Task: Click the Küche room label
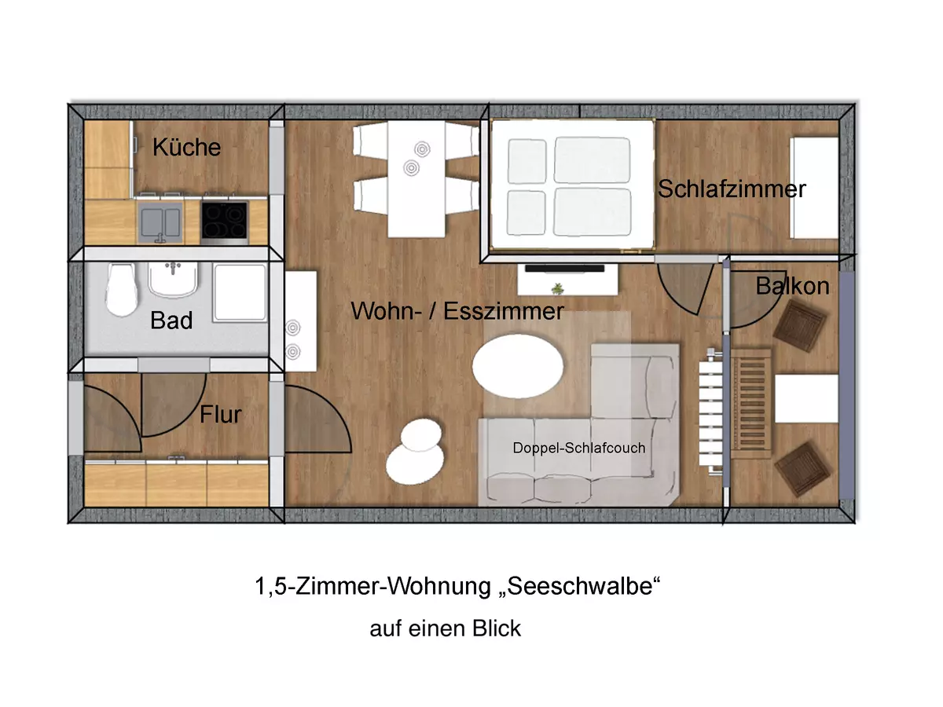[186, 147]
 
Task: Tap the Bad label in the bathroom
[171, 321]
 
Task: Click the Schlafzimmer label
[732, 189]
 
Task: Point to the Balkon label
[792, 286]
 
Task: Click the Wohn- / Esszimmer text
[457, 311]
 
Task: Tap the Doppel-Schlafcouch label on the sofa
[578, 448]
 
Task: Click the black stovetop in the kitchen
[224, 219]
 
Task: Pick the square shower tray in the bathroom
[240, 291]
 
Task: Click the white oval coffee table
[519, 365]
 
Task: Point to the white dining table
[416, 178]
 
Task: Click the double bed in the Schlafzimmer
[572, 186]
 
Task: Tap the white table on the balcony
[805, 398]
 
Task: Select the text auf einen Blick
[445, 628]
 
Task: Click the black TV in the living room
[564, 268]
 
